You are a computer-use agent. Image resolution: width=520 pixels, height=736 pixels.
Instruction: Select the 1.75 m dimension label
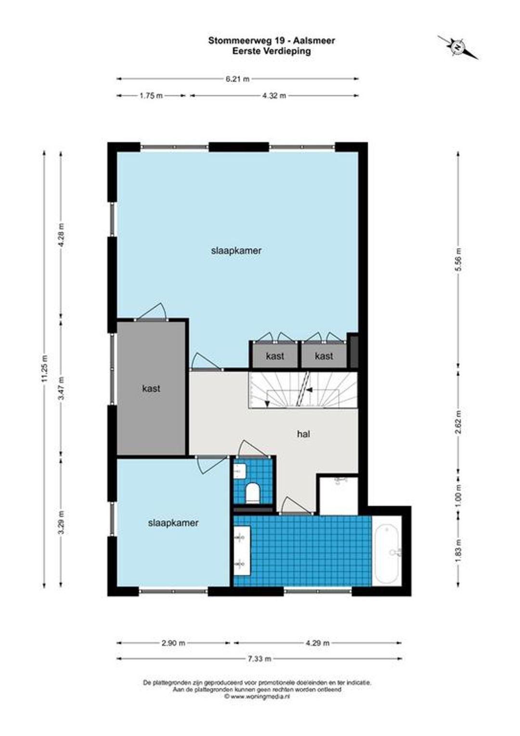click(151, 96)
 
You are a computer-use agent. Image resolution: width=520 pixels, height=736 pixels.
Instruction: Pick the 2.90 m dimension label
click(173, 643)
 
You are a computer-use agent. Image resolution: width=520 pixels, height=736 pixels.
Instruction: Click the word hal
click(303, 434)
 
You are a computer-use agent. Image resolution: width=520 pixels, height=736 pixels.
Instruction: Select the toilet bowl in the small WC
click(253, 493)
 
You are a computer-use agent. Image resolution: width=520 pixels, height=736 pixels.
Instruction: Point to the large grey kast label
click(151, 389)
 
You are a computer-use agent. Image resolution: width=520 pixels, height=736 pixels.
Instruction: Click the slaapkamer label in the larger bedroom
click(236, 250)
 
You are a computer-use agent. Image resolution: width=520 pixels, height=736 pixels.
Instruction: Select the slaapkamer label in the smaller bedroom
click(173, 523)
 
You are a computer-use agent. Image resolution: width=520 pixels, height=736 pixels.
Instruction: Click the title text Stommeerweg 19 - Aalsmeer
click(272, 41)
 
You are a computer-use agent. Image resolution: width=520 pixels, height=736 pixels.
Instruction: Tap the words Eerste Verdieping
click(272, 51)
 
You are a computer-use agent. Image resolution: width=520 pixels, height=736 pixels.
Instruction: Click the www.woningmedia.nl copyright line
click(257, 696)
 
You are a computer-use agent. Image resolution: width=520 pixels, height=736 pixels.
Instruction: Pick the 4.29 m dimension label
click(317, 643)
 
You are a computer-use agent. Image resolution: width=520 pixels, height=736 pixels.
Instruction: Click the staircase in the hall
click(303, 390)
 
